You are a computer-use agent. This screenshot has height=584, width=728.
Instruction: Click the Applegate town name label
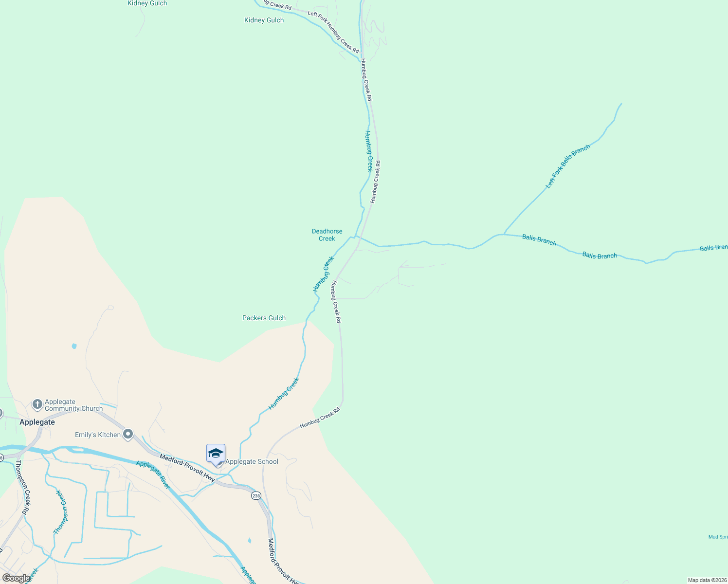37,422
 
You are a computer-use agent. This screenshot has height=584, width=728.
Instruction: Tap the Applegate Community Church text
73,405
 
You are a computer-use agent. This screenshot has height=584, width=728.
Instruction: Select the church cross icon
37,404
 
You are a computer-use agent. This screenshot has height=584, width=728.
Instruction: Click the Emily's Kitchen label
97,435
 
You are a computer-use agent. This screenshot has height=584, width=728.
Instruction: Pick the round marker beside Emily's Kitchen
128,434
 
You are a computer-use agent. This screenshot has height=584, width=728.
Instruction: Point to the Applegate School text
252,461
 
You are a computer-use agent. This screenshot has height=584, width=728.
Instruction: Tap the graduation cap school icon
216,454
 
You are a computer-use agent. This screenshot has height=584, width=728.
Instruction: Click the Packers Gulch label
264,318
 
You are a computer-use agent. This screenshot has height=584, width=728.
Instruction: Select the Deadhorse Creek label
327,235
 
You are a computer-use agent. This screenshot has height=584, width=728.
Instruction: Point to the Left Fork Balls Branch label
568,166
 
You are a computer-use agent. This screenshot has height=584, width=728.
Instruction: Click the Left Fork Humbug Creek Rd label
333,32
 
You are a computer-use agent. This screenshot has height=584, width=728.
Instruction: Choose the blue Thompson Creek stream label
59,512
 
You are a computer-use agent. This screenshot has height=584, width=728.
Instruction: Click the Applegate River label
153,474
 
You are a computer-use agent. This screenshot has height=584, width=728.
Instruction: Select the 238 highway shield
256,495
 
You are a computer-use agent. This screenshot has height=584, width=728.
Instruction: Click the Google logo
16,578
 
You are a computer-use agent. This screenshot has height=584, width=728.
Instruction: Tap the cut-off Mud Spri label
718,537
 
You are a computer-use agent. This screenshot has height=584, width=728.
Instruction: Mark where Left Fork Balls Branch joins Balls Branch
504,234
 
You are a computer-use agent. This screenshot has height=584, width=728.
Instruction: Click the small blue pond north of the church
74,346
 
